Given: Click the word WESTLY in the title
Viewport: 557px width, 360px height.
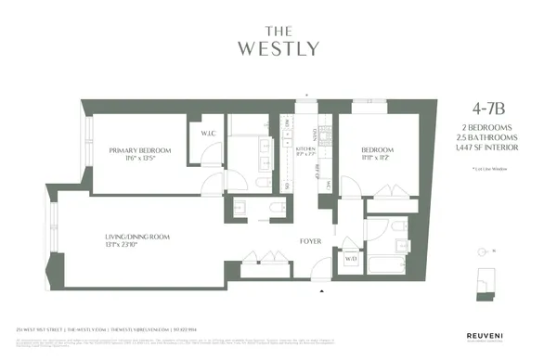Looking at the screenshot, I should tap(278, 46).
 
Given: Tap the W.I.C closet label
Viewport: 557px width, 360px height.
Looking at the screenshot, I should tap(208, 134).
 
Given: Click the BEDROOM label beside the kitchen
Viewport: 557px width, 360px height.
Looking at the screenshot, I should tap(378, 149).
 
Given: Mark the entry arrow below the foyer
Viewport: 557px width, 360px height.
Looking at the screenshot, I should tap(321, 289).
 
